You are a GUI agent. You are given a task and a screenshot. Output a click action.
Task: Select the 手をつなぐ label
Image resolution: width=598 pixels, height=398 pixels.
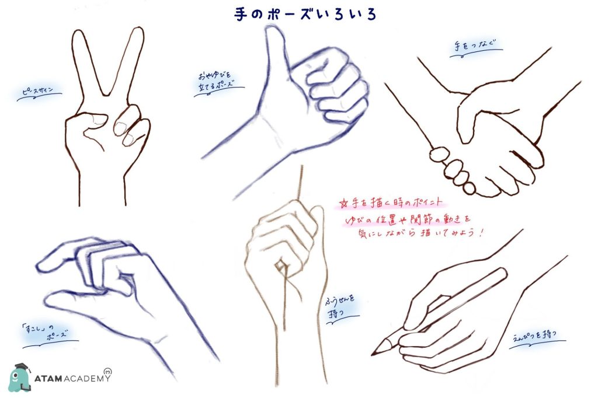[x=470, y=47]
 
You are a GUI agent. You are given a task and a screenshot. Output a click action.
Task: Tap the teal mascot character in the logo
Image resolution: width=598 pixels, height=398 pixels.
[x=20, y=377]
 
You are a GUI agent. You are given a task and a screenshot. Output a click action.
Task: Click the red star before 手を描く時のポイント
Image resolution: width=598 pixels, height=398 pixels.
[x=343, y=204]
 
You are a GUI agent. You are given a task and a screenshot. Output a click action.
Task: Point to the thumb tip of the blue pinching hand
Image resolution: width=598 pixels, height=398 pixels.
[x=53, y=300]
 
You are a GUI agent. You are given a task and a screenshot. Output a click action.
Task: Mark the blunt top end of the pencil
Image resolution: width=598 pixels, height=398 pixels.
[x=503, y=273]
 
